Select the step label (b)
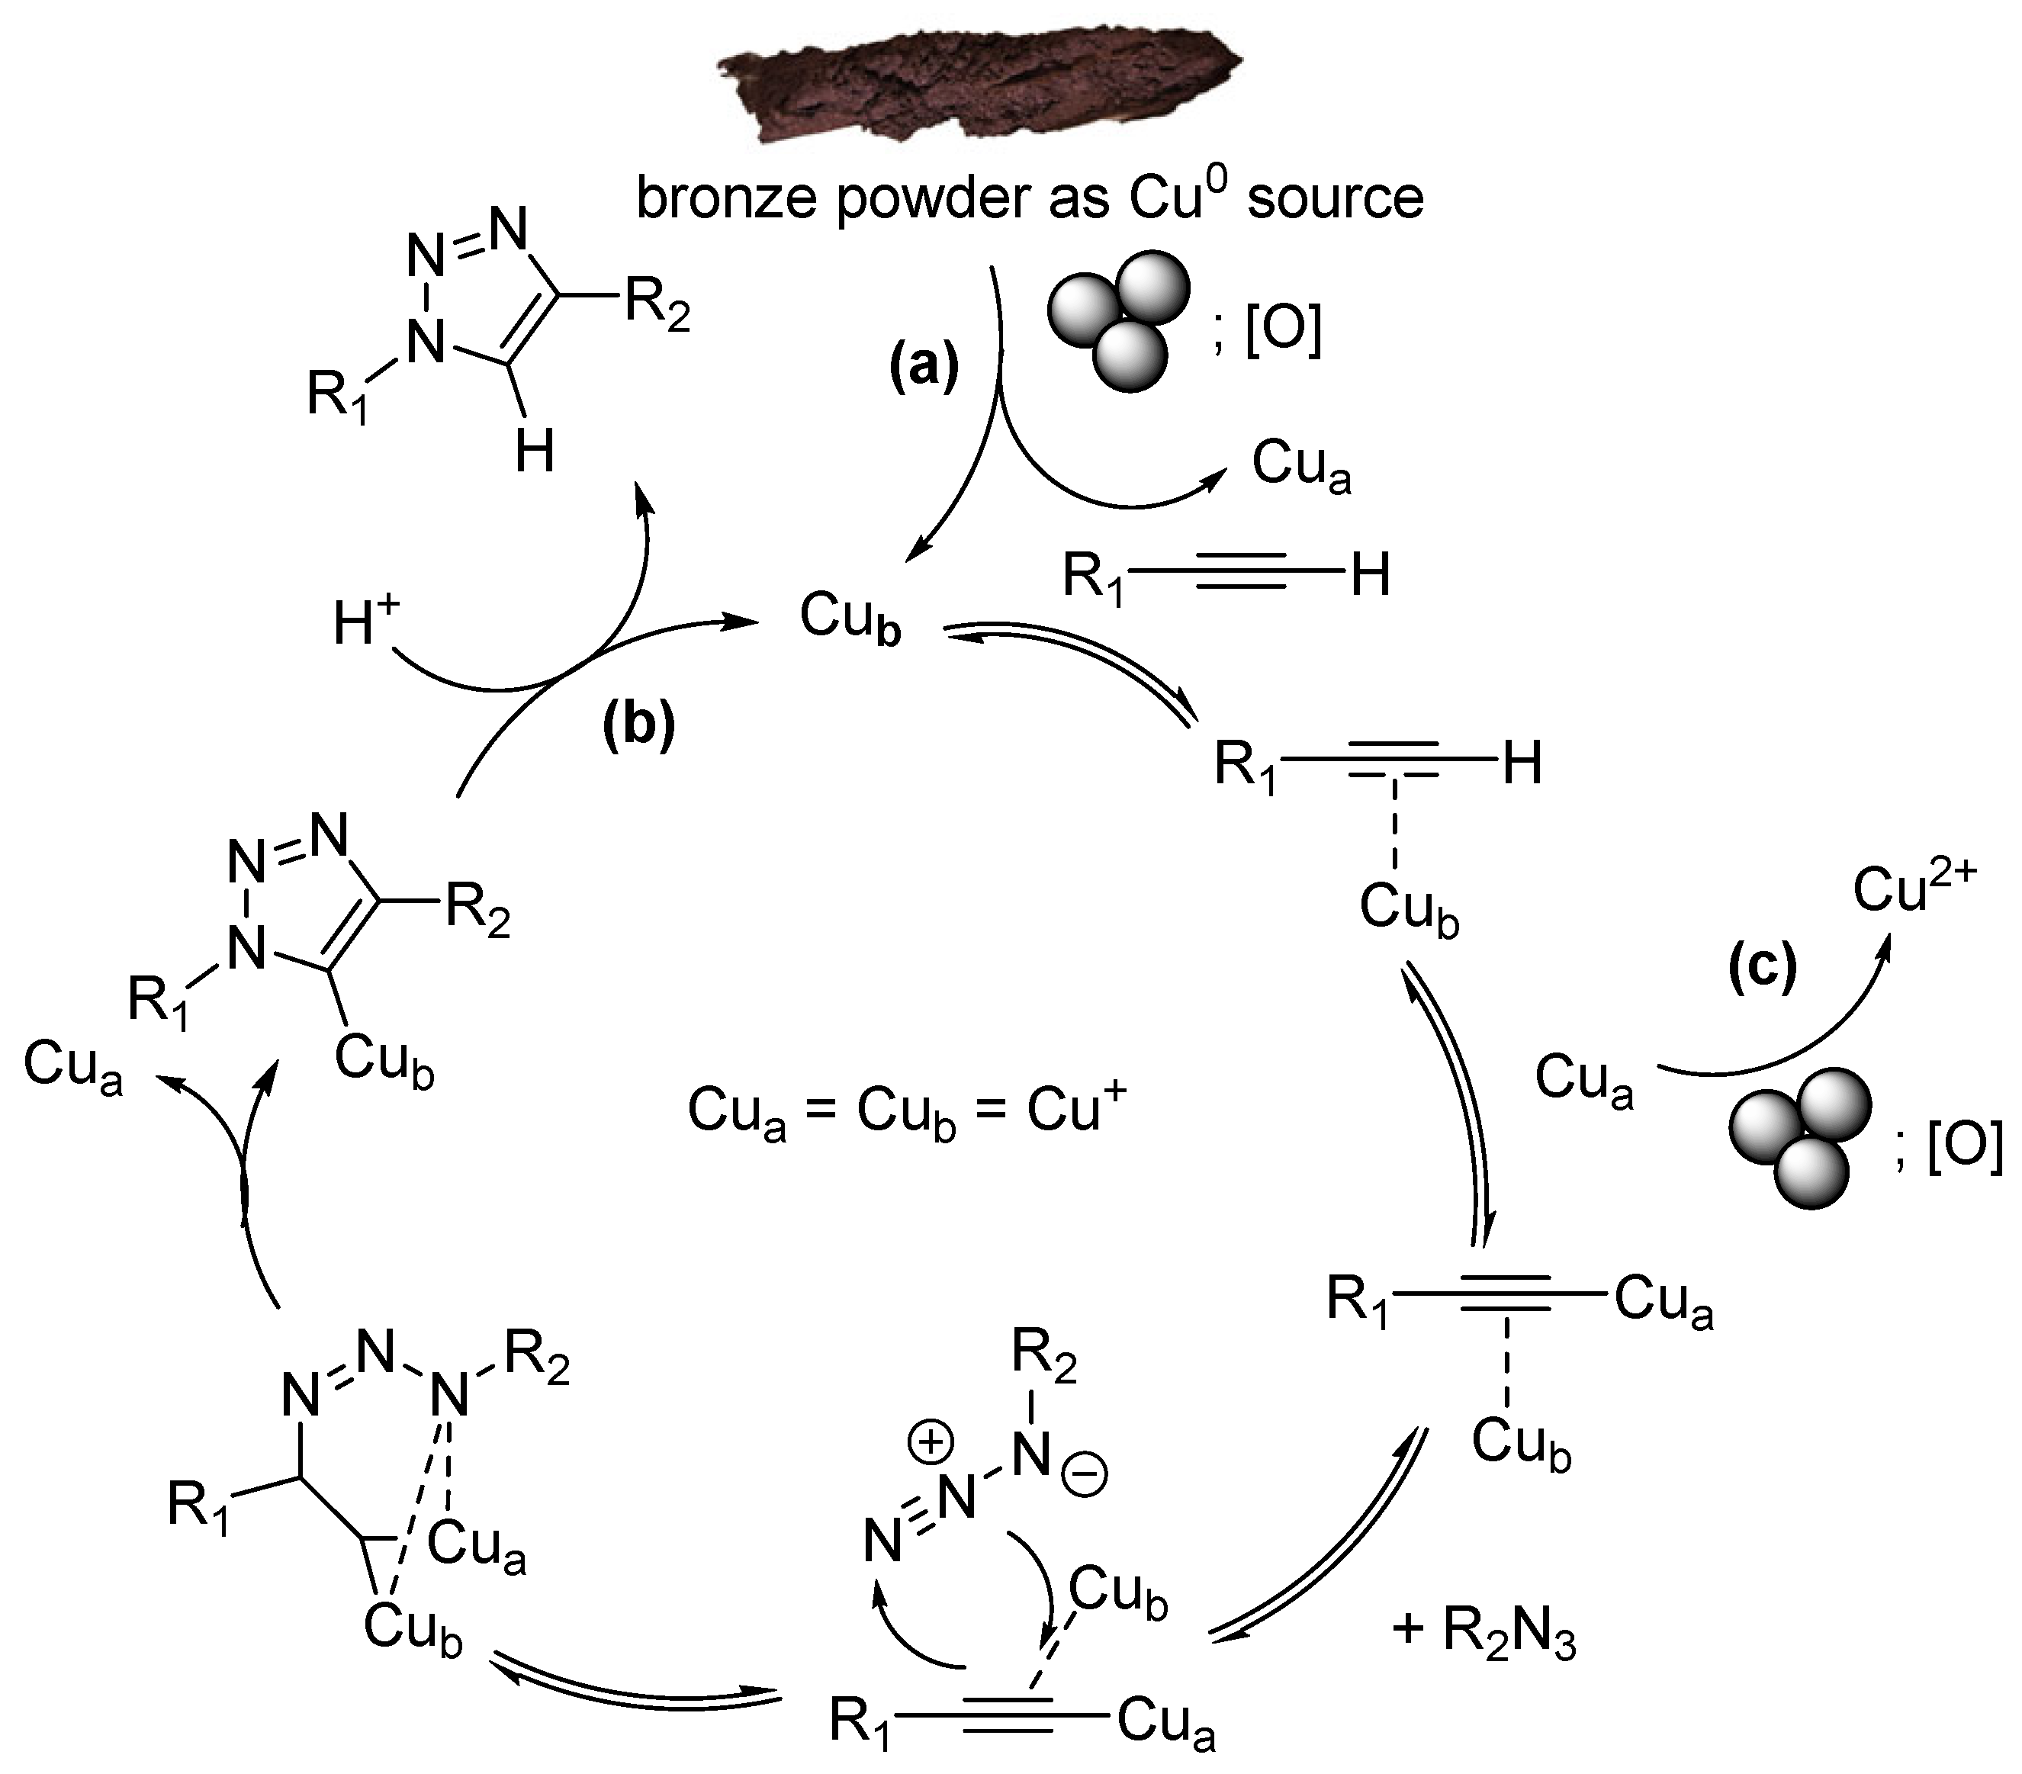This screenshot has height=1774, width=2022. point(638,725)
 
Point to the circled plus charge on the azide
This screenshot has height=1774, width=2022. point(932,1442)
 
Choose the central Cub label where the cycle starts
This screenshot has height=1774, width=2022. point(850,619)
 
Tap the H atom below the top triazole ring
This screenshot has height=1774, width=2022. point(535,453)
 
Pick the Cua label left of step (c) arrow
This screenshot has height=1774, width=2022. point(1583,1081)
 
